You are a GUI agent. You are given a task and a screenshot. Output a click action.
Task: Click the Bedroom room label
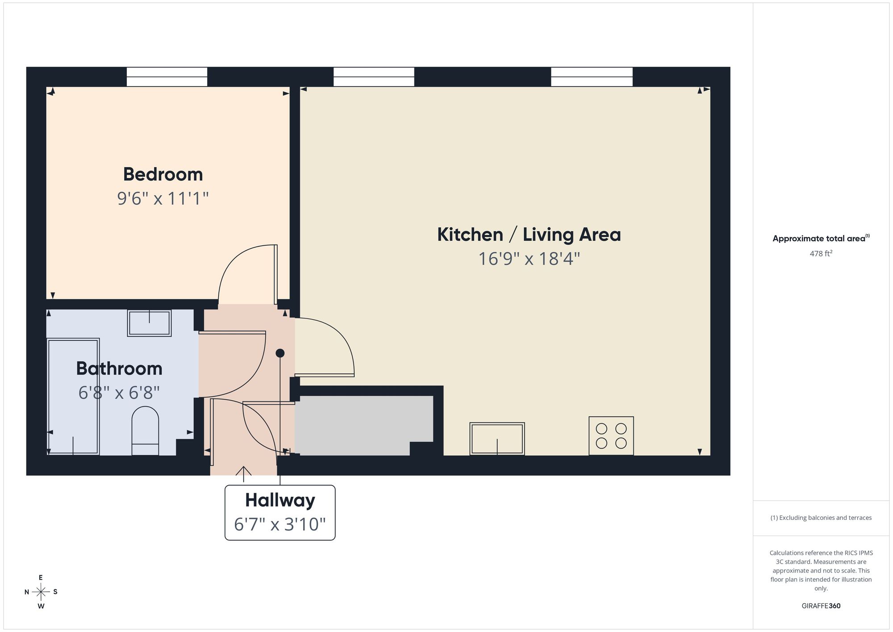(x=163, y=174)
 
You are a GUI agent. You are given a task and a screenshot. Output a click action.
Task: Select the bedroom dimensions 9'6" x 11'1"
(x=163, y=198)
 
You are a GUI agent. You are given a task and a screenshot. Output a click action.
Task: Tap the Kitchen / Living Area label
(x=529, y=234)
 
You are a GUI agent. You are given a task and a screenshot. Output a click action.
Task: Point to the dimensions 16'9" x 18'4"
(x=529, y=259)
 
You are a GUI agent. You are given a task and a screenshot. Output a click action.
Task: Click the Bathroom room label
(x=119, y=368)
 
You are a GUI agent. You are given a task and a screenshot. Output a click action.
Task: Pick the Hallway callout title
(x=280, y=500)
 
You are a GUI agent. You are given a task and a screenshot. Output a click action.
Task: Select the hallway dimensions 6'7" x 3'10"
(x=280, y=524)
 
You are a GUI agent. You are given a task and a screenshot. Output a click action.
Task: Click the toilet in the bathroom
(x=145, y=431)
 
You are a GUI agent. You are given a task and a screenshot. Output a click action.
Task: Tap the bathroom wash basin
(x=149, y=323)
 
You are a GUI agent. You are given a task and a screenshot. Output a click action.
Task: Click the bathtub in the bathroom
(x=73, y=397)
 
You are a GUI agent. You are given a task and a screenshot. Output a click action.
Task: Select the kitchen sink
(x=497, y=439)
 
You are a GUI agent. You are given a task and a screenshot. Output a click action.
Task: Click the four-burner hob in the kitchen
(x=611, y=436)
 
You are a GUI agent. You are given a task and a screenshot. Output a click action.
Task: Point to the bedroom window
(x=167, y=77)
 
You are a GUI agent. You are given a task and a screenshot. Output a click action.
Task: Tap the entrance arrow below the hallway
(x=243, y=474)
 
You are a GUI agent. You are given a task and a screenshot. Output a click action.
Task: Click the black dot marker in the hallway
(x=280, y=353)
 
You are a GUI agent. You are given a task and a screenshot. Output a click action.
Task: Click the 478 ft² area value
(x=821, y=253)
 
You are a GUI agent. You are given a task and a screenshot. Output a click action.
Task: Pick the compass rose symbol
(x=41, y=592)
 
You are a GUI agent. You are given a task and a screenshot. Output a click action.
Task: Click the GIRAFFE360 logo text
(x=821, y=606)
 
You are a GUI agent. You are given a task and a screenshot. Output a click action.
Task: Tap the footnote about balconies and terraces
(x=821, y=518)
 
